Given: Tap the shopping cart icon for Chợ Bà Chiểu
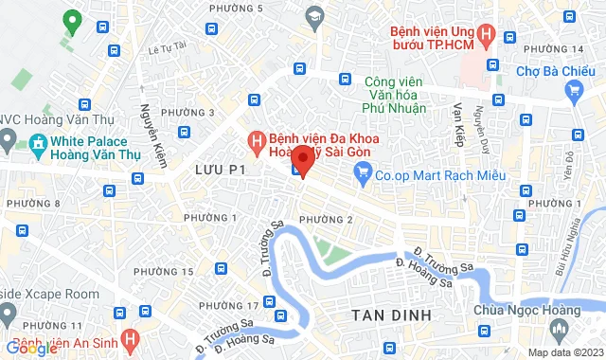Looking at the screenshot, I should pos(573,90).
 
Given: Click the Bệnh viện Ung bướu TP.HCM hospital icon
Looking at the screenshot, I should pos(487,36).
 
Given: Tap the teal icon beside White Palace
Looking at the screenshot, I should pos(38,145).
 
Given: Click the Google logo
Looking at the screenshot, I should pos(32,349).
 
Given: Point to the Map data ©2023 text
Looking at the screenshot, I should pos(564,351).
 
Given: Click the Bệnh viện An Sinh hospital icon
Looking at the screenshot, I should pos(132,337).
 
